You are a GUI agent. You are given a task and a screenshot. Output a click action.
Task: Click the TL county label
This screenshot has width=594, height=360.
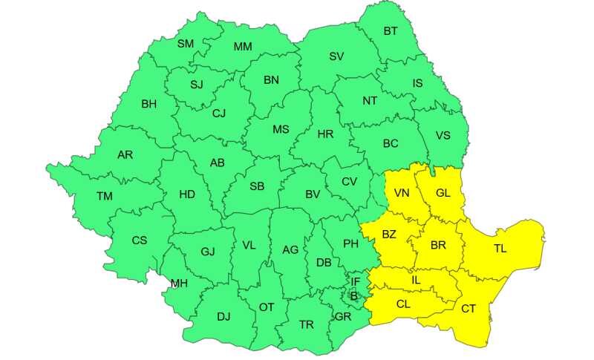tap(500, 248)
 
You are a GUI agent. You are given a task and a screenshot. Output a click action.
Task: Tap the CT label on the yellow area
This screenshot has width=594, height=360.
tap(469, 309)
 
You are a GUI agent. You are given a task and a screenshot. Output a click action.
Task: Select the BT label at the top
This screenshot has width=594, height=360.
tap(391, 31)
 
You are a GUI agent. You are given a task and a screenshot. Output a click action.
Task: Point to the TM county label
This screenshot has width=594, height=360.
tap(105, 196)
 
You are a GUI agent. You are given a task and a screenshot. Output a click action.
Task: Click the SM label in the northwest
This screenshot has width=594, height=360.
tap(185, 44)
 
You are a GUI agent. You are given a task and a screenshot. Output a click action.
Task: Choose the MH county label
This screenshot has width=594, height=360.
tap(179, 284)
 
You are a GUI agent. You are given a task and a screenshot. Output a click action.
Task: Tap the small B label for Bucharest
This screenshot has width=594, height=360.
tap(354, 295)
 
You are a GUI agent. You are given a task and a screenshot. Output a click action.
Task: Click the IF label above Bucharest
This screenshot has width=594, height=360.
tap(356, 281)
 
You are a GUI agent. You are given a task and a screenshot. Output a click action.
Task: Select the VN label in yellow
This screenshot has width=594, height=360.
tap(402, 194)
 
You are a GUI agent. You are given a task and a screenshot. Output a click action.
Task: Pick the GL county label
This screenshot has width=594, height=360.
tap(443, 193)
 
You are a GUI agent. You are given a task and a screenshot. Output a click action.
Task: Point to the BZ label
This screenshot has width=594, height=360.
tap(389, 235)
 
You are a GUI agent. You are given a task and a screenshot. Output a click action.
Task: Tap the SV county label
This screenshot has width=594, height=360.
tap(336, 56)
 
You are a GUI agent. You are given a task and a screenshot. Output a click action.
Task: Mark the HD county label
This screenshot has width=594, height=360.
tap(187, 194)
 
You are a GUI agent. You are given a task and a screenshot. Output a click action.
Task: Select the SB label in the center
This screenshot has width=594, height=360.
tap(257, 186)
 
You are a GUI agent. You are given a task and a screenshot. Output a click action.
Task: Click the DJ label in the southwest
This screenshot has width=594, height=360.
tap(223, 316)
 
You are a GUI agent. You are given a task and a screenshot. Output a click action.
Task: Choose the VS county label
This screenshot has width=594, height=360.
tap(443, 135)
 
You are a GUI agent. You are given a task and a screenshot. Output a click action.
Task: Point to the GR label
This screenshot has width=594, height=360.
tap(343, 316)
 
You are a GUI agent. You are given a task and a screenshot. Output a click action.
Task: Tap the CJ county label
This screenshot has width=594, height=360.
tap(219, 114)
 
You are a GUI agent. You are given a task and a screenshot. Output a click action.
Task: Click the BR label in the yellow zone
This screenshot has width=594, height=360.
tap(438, 244)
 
